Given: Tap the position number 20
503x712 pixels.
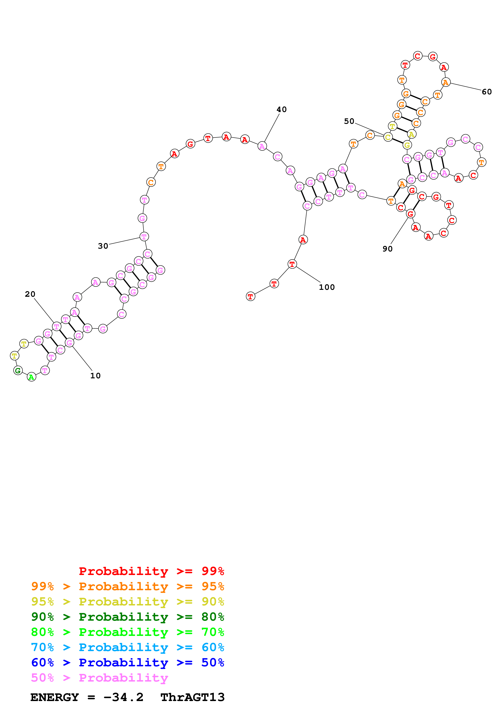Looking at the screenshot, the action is (x=30, y=294).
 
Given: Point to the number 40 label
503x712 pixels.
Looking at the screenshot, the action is (x=281, y=109).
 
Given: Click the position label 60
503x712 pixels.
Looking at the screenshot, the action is (x=487, y=92).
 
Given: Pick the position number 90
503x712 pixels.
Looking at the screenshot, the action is (x=387, y=249).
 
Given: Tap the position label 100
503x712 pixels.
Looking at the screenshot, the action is (x=327, y=287).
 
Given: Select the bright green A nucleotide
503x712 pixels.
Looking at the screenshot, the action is (x=31, y=377).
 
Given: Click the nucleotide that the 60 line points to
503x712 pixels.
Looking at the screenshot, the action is (x=446, y=82).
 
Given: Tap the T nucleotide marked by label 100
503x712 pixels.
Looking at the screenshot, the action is (x=292, y=264).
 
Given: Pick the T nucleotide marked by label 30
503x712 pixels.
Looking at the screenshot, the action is (x=144, y=237).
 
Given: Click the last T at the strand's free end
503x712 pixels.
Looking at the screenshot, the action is (x=250, y=297).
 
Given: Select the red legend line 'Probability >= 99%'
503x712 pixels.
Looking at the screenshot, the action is (x=151, y=571).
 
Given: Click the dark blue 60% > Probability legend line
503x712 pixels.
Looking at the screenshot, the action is (x=127, y=663).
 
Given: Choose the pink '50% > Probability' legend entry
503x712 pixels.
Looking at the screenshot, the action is (x=99, y=678).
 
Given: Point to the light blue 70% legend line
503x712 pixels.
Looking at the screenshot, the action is (x=127, y=647).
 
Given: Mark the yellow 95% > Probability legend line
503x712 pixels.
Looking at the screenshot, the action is (x=127, y=602).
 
